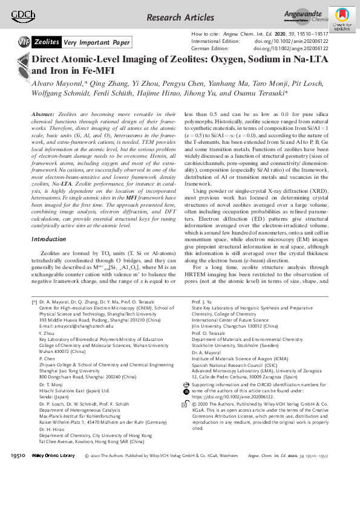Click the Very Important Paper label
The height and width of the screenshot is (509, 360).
97,42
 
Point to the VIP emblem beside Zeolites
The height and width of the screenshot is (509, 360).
23,42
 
